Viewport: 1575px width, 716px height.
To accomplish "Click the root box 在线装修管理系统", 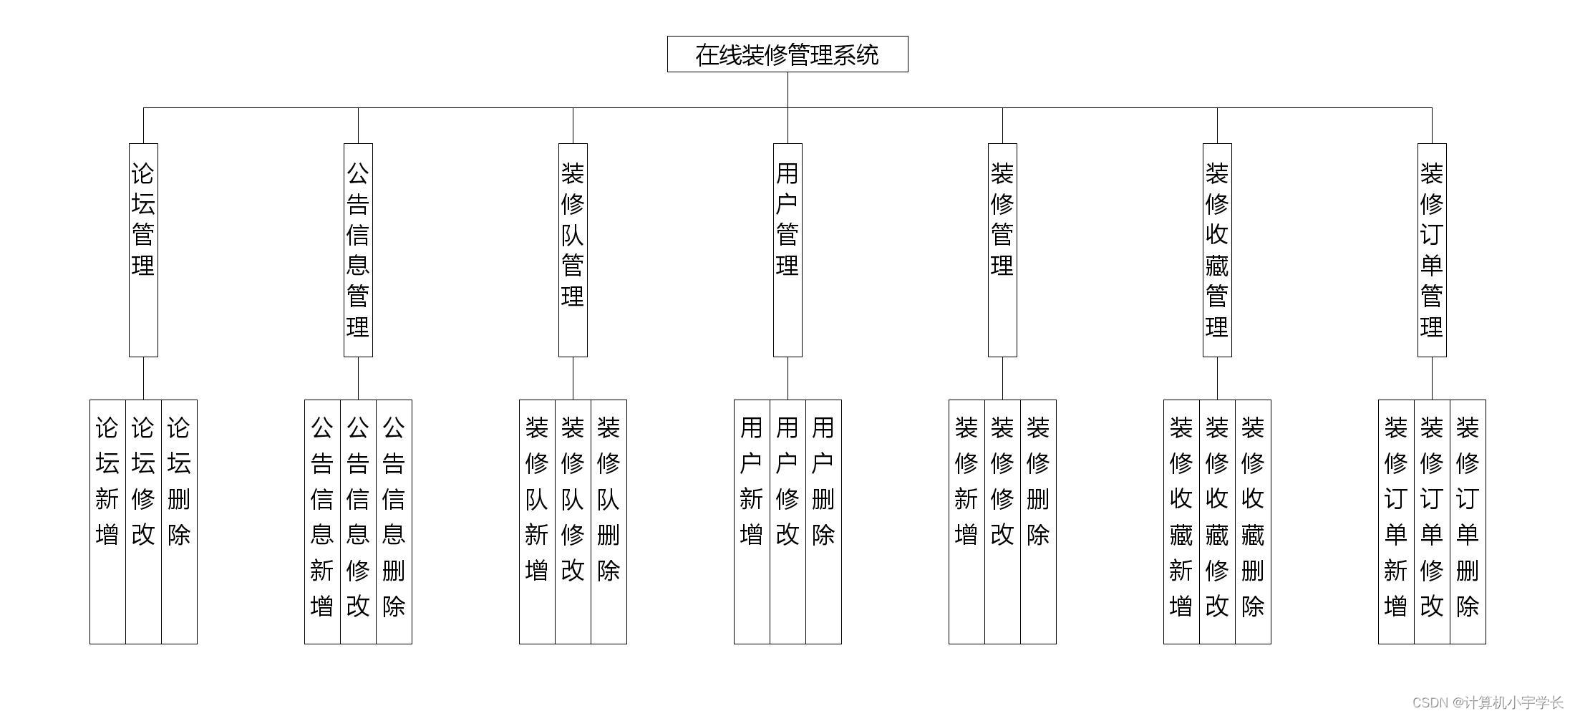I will tap(787, 54).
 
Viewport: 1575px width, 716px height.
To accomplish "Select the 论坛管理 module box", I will tap(143, 249).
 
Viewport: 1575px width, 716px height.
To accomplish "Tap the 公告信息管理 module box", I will tap(358, 249).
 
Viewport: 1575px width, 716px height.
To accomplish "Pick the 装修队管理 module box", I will tap(573, 249).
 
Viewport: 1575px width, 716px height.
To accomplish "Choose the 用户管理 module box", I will tap(787, 249).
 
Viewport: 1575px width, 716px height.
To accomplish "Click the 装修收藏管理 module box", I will tap(1217, 249).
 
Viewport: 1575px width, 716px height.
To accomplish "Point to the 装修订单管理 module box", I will tap(1432, 249).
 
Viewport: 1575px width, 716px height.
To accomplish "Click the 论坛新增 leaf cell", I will tap(107, 521).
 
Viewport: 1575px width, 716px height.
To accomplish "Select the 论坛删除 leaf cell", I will tap(179, 521).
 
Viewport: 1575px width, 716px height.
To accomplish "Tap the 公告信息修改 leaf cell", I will tap(358, 521).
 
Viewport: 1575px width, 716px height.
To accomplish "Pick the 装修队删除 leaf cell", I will tap(609, 521).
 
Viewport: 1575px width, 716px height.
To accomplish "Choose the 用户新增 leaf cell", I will tap(752, 521).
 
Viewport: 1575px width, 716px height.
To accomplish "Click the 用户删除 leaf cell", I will tap(823, 521).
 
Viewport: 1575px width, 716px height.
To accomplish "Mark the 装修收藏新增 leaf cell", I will tap(1181, 521).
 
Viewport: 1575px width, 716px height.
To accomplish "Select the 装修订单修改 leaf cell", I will tap(1432, 521).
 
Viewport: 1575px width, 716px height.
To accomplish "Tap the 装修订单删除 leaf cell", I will tap(1468, 521).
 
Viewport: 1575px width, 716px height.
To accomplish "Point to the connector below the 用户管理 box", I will tap(787, 378).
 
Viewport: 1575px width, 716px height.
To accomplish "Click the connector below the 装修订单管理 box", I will tap(1432, 378).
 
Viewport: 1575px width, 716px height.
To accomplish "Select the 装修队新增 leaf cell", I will tap(537, 521).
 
